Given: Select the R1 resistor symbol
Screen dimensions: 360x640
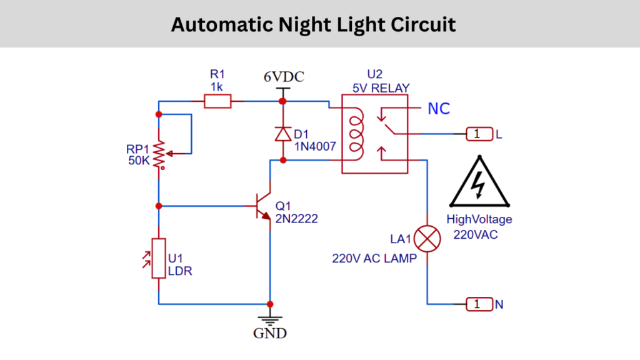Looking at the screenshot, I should point(217,101).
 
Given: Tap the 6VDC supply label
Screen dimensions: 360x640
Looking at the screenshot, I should point(283,77).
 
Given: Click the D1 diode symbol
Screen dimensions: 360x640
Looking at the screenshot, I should point(283,134).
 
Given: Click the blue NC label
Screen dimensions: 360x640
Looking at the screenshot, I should point(438,109).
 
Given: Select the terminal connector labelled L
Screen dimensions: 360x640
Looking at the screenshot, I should point(478,134).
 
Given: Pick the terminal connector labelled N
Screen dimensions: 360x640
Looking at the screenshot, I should point(478,304).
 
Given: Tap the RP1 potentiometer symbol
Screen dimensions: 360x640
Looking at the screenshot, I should point(159,152).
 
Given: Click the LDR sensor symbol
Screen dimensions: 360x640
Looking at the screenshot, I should point(159,257).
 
